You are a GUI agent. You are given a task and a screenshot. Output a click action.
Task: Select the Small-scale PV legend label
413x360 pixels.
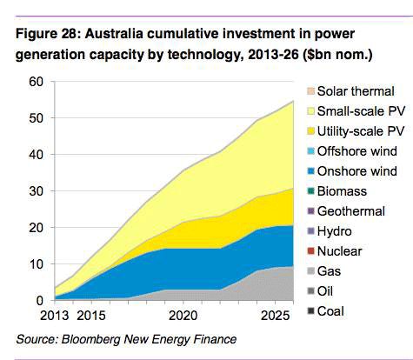pyautogui.click(x=356, y=111)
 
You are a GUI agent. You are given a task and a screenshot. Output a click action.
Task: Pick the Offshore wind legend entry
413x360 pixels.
pyautogui.click(x=353, y=151)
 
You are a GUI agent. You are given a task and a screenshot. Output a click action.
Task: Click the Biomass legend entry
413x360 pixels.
pyautogui.click(x=341, y=191)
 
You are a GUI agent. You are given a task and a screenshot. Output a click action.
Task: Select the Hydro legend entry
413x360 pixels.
pyautogui.click(x=335, y=231)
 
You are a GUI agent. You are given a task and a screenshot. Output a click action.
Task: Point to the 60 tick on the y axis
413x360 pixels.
pyautogui.click(x=35, y=82)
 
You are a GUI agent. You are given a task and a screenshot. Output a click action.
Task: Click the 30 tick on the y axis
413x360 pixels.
pyautogui.click(x=35, y=191)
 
